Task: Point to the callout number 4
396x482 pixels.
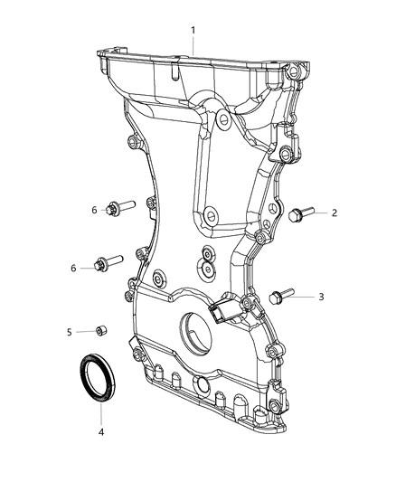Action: pos(101,432)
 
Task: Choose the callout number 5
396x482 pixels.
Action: pos(70,332)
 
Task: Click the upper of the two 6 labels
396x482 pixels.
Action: pos(93,210)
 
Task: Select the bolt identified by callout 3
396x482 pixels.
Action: pos(280,296)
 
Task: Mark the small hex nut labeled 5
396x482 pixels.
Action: pos(99,331)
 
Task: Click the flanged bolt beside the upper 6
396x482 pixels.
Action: pos(118,207)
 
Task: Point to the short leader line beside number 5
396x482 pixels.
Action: pos(83,332)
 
